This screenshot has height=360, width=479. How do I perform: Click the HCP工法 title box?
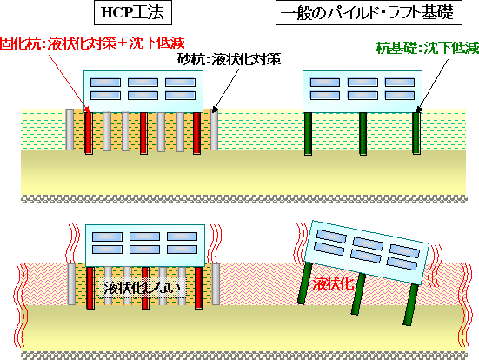tap(133, 12)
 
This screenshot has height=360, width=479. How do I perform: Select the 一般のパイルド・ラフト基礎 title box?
tap(369, 12)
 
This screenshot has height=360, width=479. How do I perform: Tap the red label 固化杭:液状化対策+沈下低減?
tap(92, 43)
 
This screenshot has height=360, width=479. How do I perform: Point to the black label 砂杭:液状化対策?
tap(230, 59)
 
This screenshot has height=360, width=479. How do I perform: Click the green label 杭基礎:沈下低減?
tap(428, 48)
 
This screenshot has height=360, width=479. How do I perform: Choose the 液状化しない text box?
tap(143, 288)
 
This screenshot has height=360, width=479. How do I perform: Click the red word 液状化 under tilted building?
tap(333, 283)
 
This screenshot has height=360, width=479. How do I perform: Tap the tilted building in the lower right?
tap(367, 252)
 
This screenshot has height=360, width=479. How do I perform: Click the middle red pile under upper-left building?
tap(143, 133)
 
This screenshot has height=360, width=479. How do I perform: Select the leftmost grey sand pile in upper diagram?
tap(70, 130)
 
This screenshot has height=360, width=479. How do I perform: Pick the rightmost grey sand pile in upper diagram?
tap(214, 130)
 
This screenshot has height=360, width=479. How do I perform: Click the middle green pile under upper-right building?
tap(363, 134)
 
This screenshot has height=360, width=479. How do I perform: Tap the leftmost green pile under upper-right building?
tap(308, 134)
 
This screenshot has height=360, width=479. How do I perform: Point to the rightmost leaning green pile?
tap(411, 304)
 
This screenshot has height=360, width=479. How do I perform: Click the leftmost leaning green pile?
tap(305, 283)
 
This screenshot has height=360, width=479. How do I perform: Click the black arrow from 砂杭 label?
tap(225, 90)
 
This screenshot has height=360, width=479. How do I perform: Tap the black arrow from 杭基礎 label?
tap(432, 86)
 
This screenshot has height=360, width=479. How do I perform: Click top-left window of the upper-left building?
tap(105, 83)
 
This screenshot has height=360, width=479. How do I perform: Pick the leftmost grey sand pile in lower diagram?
tap(71, 284)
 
